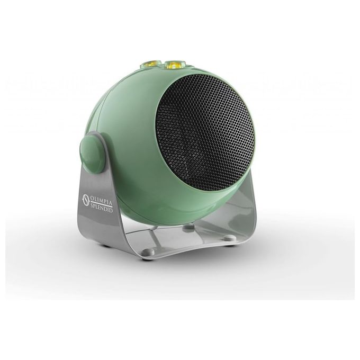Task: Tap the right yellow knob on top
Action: click(173, 65)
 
